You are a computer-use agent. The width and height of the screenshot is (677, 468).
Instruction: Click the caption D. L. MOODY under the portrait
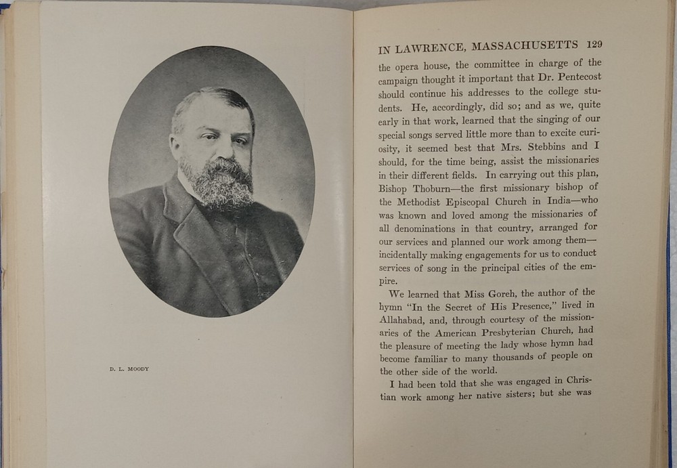click(x=130, y=369)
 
